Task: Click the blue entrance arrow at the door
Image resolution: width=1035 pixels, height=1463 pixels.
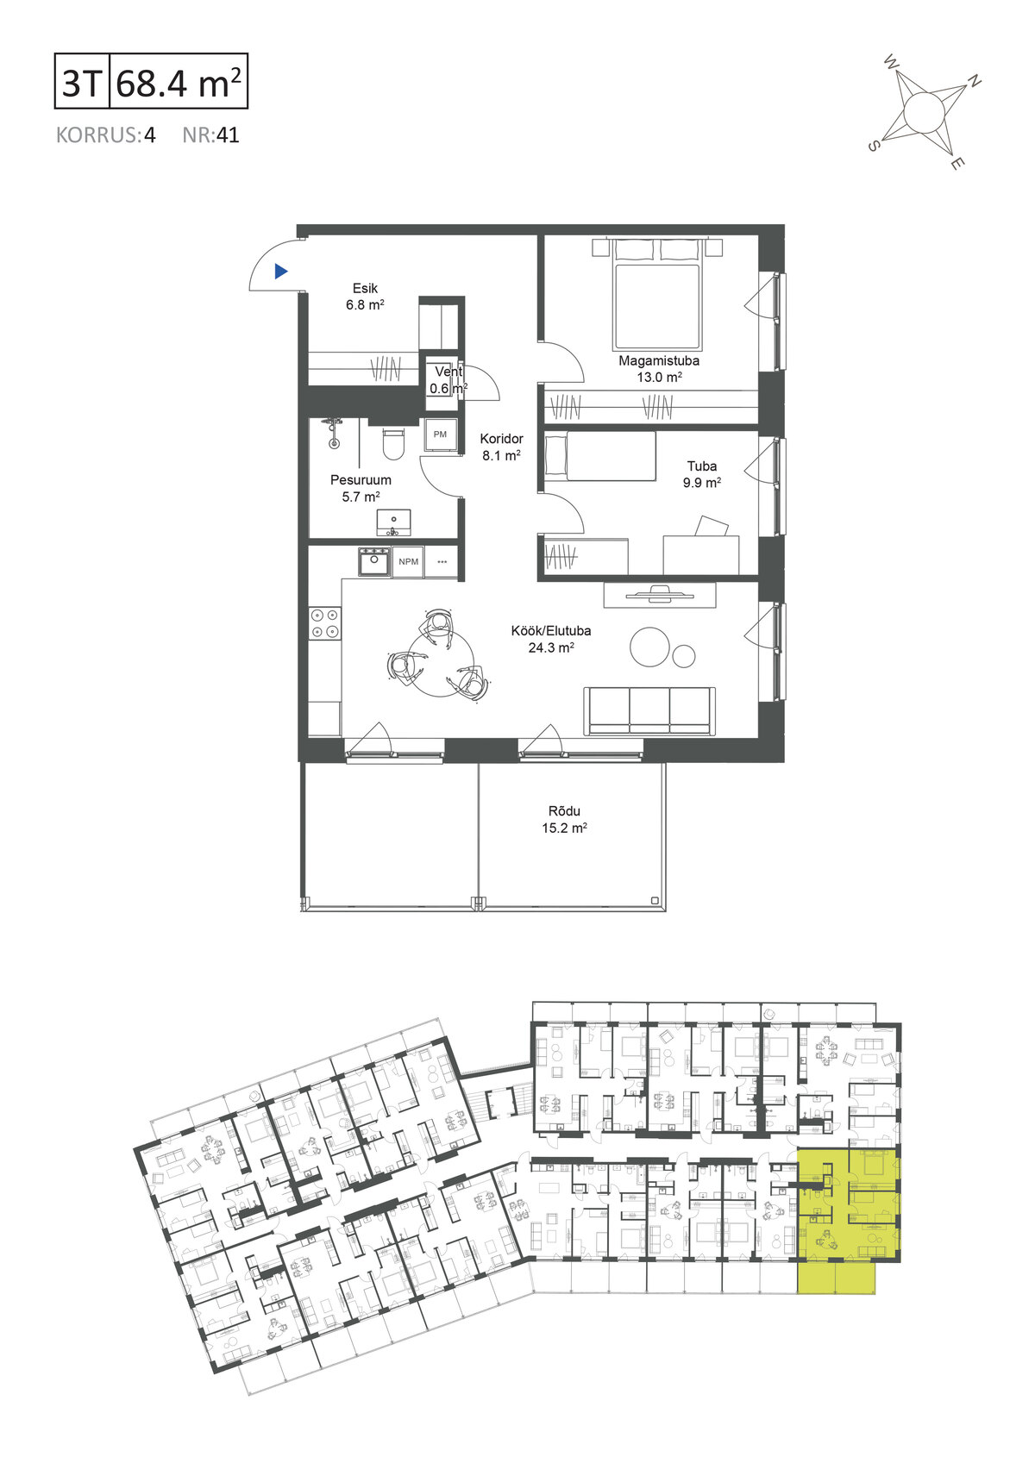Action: coord(280,271)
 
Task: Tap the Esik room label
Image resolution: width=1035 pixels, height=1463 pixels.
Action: coord(365,288)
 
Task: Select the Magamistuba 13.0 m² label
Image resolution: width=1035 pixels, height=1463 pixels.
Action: coord(659,368)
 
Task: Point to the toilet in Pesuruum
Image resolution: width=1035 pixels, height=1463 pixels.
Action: coord(394,443)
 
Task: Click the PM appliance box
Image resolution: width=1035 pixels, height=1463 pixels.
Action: coord(440,435)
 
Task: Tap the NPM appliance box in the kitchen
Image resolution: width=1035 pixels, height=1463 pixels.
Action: coord(408,562)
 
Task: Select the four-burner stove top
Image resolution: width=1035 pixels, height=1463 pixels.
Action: coord(325,622)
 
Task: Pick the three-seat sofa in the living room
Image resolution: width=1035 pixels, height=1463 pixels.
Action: coord(649,710)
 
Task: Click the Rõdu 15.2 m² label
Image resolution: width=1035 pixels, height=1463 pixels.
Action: coord(564,819)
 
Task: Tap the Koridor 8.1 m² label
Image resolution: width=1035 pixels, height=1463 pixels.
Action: coord(501,447)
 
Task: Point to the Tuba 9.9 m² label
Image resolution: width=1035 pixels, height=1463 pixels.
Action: coord(702,474)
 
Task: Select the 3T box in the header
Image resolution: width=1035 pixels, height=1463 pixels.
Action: coord(82,81)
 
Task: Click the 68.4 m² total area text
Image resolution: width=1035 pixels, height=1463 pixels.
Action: coord(179,82)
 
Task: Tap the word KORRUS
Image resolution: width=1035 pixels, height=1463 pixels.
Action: coord(97,135)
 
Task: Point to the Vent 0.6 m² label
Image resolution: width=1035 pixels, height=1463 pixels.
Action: coord(448,379)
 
